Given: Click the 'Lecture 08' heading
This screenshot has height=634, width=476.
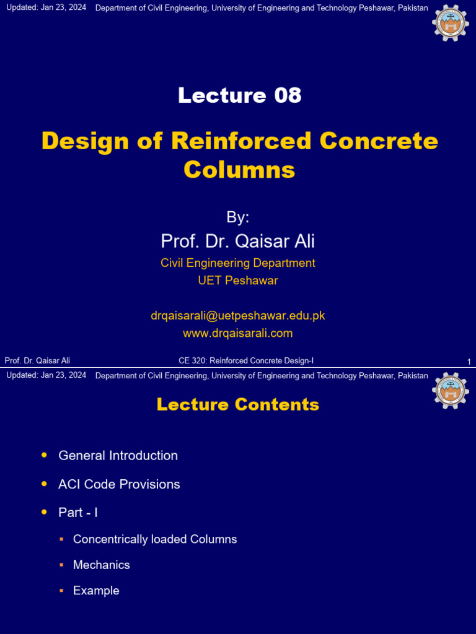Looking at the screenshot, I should click(239, 95).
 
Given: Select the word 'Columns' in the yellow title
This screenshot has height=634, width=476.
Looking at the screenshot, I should click(239, 170).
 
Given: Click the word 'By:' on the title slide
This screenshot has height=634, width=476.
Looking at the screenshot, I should click(238, 217).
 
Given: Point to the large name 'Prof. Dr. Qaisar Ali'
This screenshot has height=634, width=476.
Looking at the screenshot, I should click(238, 241).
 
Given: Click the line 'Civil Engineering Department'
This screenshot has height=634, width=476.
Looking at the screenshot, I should click(238, 263).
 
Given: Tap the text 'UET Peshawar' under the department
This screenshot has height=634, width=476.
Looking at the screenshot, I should click(238, 280).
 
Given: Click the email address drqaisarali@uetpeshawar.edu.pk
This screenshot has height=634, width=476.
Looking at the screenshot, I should click(238, 316).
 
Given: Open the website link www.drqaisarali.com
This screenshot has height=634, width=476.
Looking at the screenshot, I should click(238, 333).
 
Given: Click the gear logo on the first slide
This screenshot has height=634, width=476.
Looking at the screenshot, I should click(451, 22).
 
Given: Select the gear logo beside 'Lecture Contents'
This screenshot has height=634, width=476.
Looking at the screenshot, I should click(451, 390).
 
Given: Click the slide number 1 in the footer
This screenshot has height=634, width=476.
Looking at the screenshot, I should click(469, 362).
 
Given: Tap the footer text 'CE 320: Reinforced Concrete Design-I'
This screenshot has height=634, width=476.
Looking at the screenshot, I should click(246, 361).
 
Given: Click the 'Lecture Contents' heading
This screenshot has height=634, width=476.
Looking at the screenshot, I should click(238, 405).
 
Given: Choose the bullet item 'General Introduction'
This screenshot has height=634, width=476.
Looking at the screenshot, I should click(118, 456).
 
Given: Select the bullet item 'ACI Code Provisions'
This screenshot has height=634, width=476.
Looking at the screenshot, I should click(119, 484).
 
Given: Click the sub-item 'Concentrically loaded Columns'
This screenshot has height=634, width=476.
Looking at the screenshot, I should click(155, 539).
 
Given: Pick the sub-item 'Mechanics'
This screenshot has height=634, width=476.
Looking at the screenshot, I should click(102, 565).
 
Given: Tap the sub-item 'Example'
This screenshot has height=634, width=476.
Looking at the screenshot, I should click(96, 591).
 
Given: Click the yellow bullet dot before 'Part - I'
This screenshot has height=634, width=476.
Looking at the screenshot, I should click(44, 512).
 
